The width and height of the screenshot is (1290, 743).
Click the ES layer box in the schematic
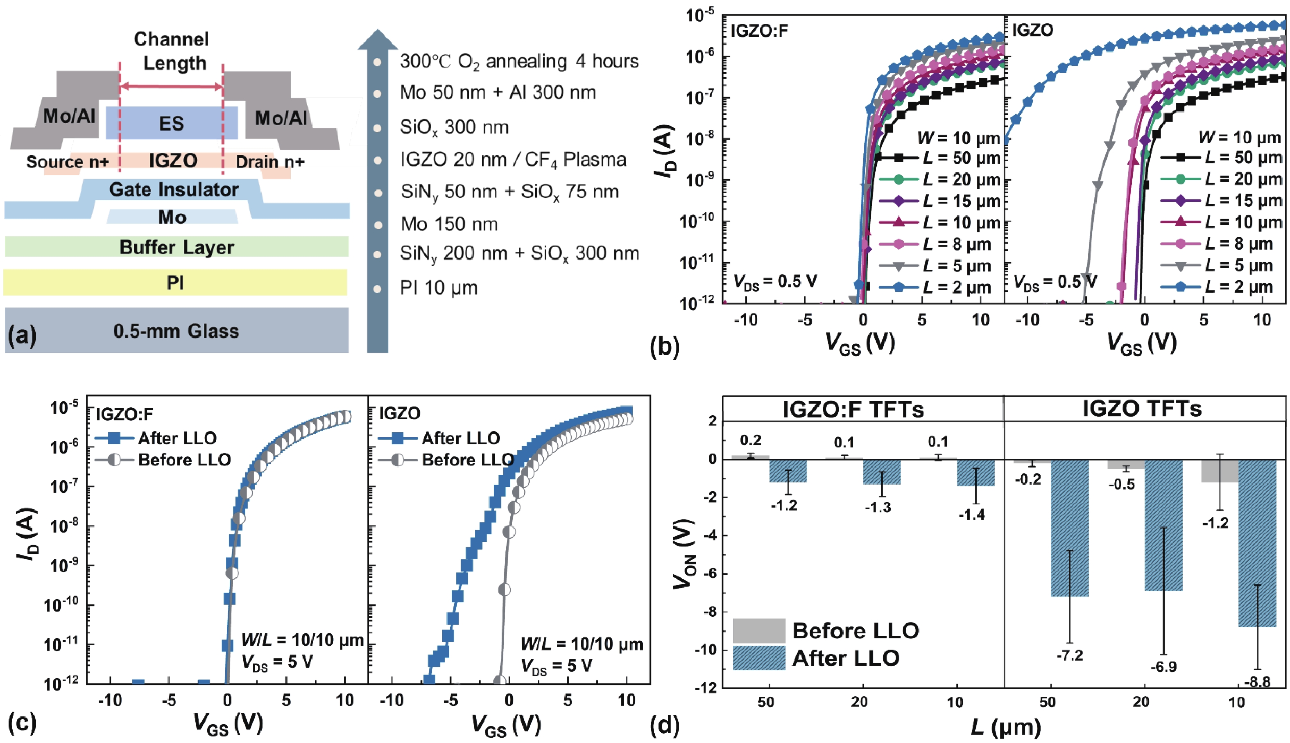172,123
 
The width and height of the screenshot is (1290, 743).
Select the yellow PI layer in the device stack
175,282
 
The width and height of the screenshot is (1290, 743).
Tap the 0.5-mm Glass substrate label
176,331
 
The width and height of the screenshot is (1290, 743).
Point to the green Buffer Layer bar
177,247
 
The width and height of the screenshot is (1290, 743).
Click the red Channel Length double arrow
171,86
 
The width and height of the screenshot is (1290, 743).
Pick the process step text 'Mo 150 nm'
449,224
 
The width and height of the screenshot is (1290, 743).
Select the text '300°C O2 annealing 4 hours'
518,61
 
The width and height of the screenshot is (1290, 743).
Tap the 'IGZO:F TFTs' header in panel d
853,409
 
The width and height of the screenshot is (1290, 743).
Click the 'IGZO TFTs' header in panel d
1142,409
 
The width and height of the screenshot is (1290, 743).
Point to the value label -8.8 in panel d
1257,682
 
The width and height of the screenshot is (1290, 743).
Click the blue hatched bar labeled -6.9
1163,526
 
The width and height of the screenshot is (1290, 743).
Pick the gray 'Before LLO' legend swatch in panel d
758,631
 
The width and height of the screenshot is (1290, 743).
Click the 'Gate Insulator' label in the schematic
174,189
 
